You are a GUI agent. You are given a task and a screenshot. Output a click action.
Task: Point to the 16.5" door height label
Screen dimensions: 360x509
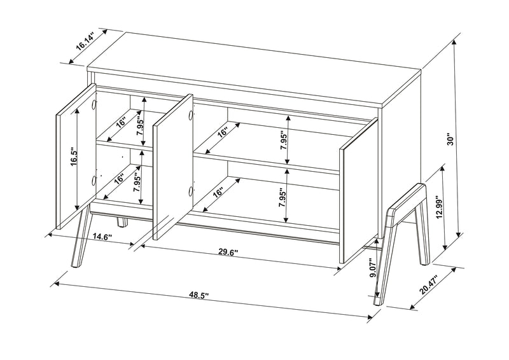[x=74, y=156]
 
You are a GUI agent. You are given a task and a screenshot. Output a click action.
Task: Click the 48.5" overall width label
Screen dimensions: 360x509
[x=199, y=295]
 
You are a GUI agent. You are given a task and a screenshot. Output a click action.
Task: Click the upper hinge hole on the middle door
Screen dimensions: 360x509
[x=190, y=116]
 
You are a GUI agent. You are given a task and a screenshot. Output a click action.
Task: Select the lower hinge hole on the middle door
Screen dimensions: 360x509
[x=190, y=191]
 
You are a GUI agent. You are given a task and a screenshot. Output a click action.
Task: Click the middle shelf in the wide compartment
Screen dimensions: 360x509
[x=267, y=162]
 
